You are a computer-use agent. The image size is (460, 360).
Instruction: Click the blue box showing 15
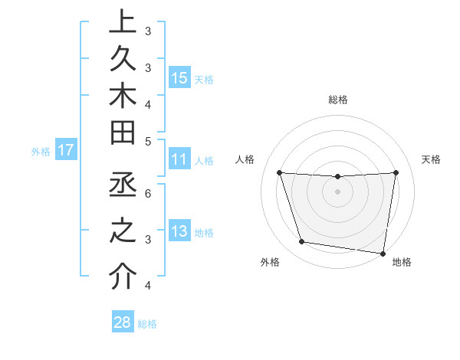pyautogui.click(x=179, y=78)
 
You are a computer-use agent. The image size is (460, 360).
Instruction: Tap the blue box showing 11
pyautogui.click(x=179, y=160)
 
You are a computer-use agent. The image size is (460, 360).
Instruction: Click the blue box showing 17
pyautogui.click(x=66, y=150)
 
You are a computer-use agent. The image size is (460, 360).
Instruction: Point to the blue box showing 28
pyautogui.click(x=123, y=322)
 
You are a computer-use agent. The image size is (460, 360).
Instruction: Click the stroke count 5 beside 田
pyautogui.click(x=148, y=141)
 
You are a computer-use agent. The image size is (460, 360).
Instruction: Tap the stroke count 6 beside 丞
pyautogui.click(x=148, y=193)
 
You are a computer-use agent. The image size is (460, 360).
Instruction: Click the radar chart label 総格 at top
pyautogui.click(x=338, y=100)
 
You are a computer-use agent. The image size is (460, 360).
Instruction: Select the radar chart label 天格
pyautogui.click(x=432, y=159)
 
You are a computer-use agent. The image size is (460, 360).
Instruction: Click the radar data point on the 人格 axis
pyautogui.click(x=279, y=173)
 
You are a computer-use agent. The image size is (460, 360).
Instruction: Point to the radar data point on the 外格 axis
pyautogui.click(x=302, y=242)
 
